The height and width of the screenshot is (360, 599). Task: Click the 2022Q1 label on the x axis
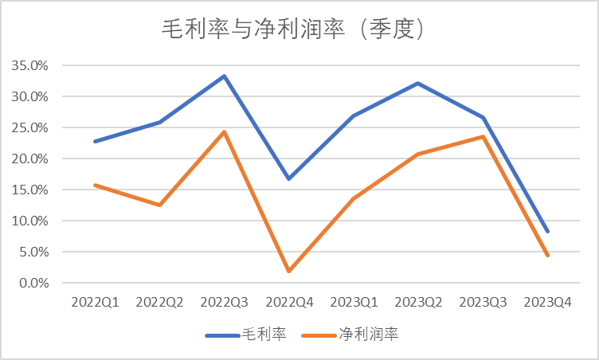click(x=95, y=303)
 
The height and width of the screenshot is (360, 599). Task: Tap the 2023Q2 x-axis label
click(x=418, y=303)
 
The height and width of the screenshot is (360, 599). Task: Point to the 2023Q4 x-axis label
click(x=547, y=303)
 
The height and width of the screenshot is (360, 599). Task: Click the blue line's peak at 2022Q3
click(x=225, y=76)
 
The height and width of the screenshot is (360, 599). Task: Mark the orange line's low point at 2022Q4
click(x=289, y=272)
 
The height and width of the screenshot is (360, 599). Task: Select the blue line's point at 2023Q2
click(x=418, y=83)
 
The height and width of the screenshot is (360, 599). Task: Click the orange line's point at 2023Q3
click(x=483, y=136)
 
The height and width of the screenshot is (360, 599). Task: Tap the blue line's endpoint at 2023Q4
click(x=547, y=232)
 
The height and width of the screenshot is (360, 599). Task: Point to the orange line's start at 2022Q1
click(x=95, y=185)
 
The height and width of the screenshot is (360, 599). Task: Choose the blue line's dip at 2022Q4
click(x=289, y=178)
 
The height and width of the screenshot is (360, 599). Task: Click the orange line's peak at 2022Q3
click(x=225, y=131)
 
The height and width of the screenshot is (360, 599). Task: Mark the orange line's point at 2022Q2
click(x=159, y=205)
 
